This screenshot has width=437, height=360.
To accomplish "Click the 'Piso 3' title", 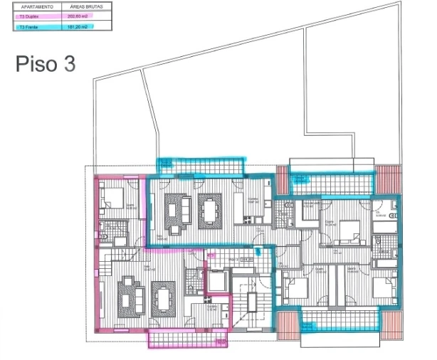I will point(45,63).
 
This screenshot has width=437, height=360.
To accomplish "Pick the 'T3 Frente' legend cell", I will point(37,27).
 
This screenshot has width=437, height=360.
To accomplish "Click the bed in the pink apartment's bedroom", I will point(113,196).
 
